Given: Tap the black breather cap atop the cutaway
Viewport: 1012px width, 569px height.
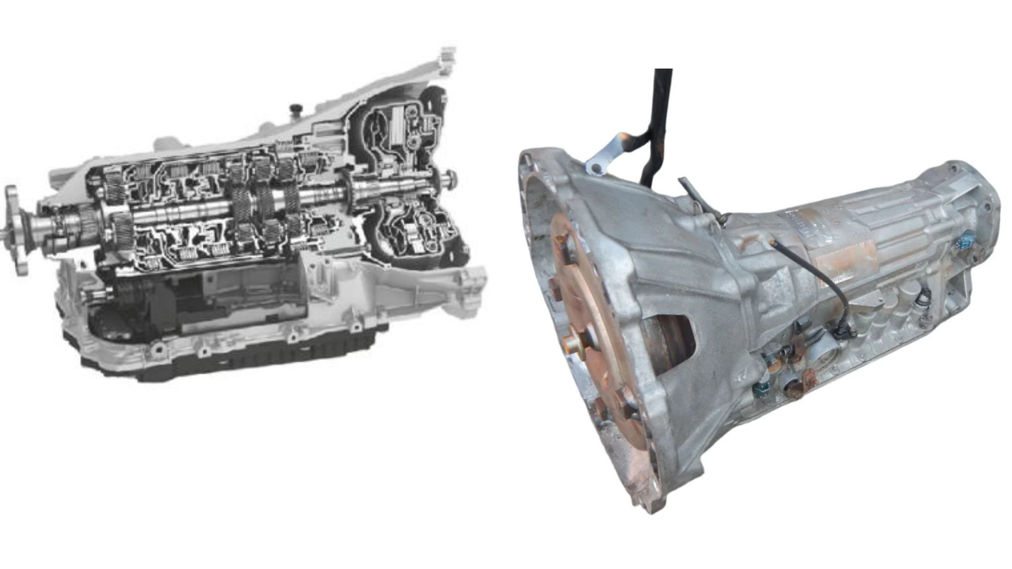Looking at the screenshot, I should [x=295, y=108].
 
